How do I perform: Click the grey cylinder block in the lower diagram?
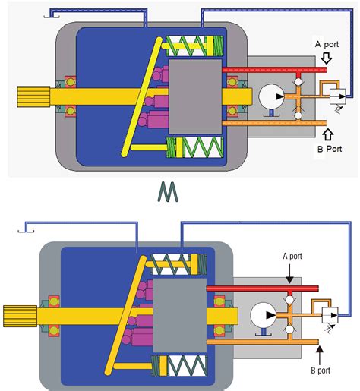pyautogui.click(x=180, y=314)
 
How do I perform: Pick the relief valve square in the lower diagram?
pyautogui.click(x=330, y=312)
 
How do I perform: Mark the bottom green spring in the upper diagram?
pyautogui.click(x=199, y=147)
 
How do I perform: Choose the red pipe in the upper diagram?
pyautogui.click(x=273, y=70)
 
